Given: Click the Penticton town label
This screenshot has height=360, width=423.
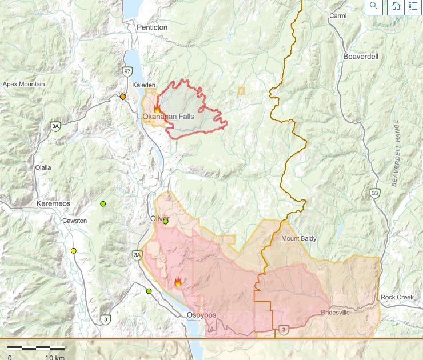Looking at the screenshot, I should tap(151, 27).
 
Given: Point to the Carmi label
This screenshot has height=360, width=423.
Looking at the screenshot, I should tap(337, 16).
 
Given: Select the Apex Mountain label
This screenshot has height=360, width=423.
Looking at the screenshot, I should tap(23, 84).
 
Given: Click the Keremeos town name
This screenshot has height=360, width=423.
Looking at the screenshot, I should tap(53, 204).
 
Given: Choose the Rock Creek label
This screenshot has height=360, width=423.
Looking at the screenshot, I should tap(396, 298).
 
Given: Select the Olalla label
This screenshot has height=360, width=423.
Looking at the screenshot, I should tap(43, 167).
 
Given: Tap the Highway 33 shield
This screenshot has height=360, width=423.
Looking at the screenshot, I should tap(374, 193).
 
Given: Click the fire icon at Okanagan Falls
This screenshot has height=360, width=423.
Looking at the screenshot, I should tap(157, 109).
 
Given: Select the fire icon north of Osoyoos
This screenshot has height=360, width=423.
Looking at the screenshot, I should tap(178, 282).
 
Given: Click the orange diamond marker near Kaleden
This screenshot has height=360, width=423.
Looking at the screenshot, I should tap(122, 97).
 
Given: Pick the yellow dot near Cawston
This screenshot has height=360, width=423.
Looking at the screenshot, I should tap(74, 251).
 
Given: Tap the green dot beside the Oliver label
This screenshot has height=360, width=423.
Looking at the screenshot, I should tap(166, 222).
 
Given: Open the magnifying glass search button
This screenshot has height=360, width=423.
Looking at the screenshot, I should tap(374, 6).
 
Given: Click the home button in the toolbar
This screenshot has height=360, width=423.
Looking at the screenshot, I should tap(395, 6).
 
